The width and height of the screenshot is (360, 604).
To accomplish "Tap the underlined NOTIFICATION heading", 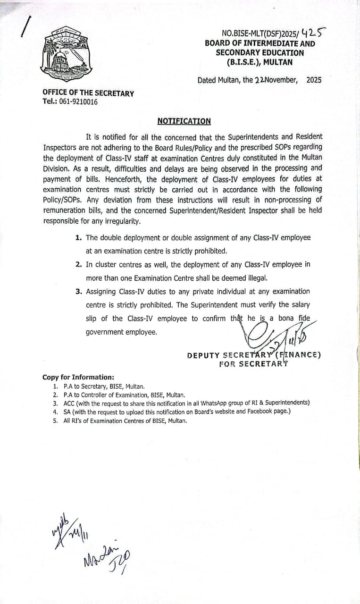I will (184, 121).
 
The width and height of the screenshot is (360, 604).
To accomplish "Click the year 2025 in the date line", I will (314, 80).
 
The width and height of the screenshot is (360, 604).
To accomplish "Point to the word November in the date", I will (281, 80).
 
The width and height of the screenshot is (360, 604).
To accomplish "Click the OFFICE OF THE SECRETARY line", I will (88, 93).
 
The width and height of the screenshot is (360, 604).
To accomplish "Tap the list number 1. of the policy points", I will (79, 238).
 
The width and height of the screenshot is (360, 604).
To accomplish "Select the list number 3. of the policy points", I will (79, 292).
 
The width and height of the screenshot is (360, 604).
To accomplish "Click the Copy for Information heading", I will (78, 377).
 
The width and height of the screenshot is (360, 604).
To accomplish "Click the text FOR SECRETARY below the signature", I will (253, 364).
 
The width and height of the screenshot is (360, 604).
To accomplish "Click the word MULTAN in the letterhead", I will (278, 62).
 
